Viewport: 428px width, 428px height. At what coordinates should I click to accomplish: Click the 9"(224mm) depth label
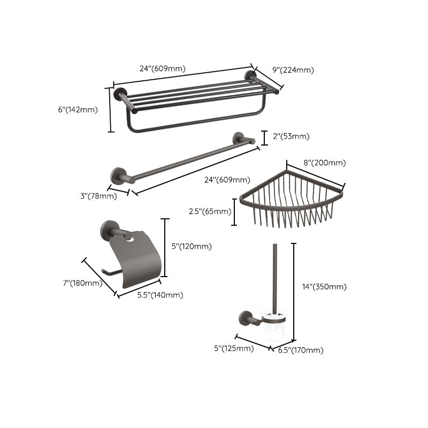[x=293, y=70]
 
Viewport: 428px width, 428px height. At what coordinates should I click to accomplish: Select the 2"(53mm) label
[x=291, y=136]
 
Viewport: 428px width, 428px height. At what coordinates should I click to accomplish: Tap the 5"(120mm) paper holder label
[x=191, y=247]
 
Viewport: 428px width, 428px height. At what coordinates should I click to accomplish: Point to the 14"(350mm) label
[x=324, y=287]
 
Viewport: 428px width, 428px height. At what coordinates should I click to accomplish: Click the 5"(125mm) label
[x=233, y=349]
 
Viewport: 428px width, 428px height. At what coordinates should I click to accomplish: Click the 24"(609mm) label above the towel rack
[x=162, y=68]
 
